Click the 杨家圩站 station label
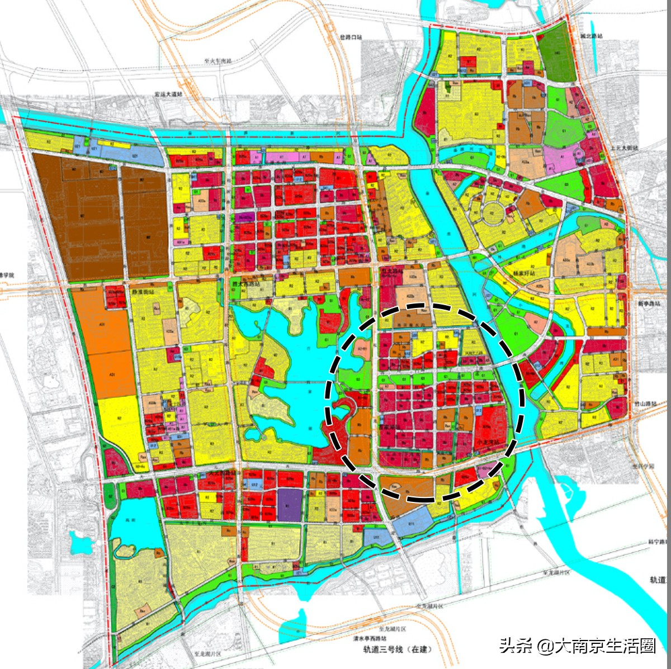pyautogui.click(x=524, y=274)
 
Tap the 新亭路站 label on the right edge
pyautogui.click(x=649, y=303)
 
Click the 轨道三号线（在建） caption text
pyautogui.click(x=398, y=649)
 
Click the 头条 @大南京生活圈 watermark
pyautogui.click(x=577, y=646)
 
